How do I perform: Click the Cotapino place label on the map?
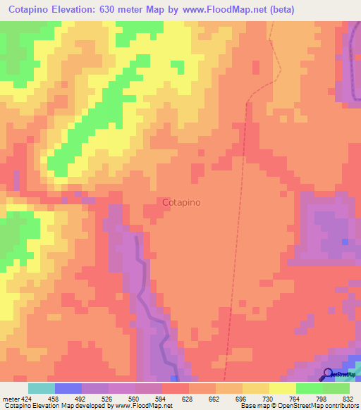click(181, 202)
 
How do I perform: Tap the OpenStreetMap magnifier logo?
click(328, 374)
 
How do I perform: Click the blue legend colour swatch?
click(68, 388)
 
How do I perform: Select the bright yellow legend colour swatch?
click(283, 388)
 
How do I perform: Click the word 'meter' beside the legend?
click(10, 398)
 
